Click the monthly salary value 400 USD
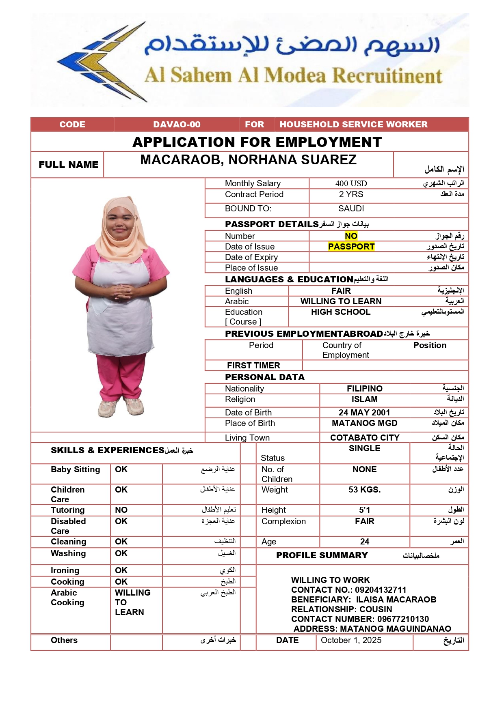point(351,183)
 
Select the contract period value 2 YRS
point(351,194)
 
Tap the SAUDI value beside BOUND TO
point(351,209)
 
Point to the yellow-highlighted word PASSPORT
point(351,247)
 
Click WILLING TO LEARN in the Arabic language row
point(341,301)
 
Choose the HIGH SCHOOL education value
point(341,312)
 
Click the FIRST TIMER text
point(253,366)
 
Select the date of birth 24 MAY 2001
point(364,413)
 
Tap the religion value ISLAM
point(364,399)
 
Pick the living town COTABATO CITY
point(365,438)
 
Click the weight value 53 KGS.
point(364,490)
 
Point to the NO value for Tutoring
point(121,510)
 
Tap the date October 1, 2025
point(351,640)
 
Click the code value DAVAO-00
point(177,125)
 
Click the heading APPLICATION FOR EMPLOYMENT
point(257,142)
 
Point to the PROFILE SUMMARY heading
point(322,555)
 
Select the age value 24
point(364,542)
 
